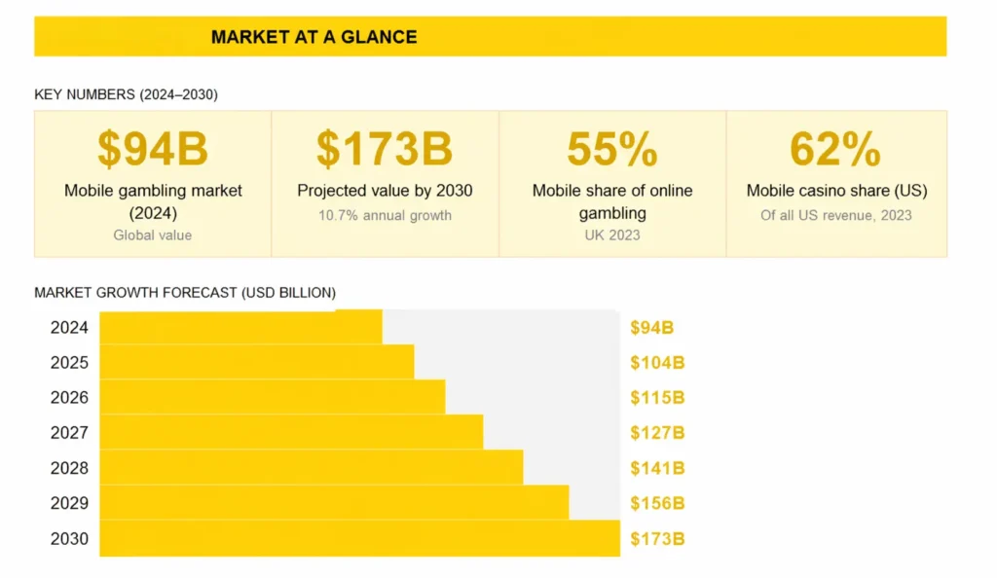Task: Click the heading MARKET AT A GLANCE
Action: coord(314,37)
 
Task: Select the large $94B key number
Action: coord(153,148)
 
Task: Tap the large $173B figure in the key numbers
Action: coord(385,148)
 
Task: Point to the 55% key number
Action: coord(612,148)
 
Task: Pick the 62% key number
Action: coord(835,148)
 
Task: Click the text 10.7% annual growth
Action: coord(385,215)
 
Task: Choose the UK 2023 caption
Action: coord(612,235)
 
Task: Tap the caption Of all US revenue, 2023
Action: coord(835,215)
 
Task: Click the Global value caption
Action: coord(153,235)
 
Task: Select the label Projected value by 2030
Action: coord(385,191)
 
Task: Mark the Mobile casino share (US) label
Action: coord(836,191)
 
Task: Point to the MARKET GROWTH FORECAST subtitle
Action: coord(185,292)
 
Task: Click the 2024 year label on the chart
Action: coord(70,328)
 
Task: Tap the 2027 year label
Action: coord(70,433)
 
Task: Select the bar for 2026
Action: coord(273,397)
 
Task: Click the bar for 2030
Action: coord(359,538)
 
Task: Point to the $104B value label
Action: coord(657,363)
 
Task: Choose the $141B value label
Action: coord(657,468)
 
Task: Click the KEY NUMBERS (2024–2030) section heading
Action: coord(126,94)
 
